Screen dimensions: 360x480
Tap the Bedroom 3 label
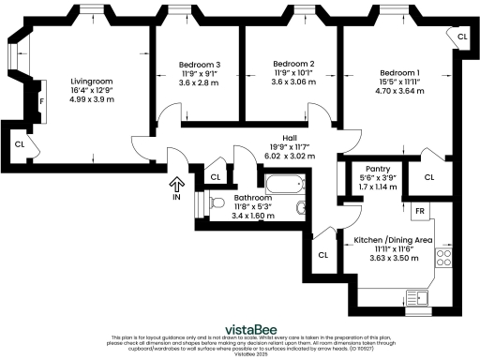pos(199,65)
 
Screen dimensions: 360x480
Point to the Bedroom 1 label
pos(399,73)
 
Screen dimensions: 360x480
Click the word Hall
pos(277,137)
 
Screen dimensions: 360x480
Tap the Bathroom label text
pos(253,199)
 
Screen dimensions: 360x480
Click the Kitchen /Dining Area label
pos(393,240)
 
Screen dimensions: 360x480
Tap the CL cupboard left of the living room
pos(20,144)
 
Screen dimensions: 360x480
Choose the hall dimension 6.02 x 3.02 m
pos(277,155)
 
